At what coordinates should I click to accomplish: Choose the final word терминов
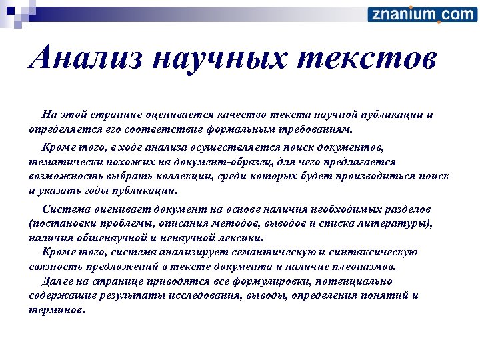[57, 309]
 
